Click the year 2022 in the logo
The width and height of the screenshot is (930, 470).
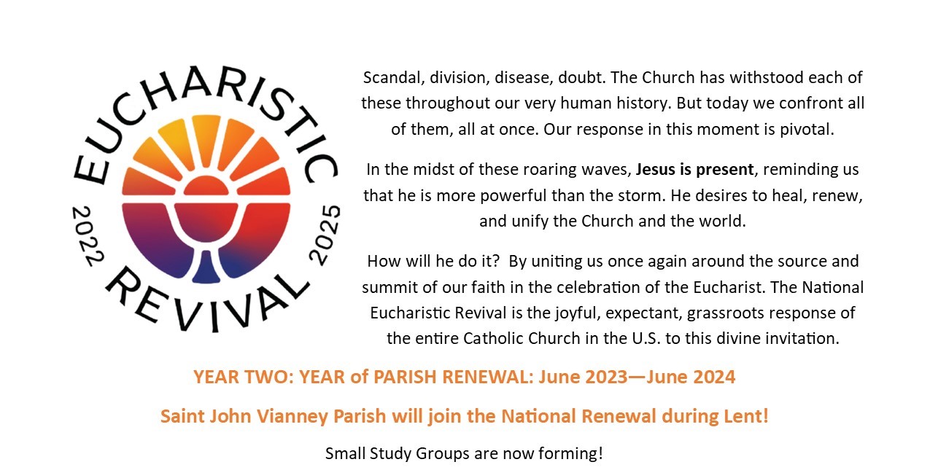click(88, 235)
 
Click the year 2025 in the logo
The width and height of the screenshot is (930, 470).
click(325, 235)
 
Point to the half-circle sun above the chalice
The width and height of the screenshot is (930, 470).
click(206, 185)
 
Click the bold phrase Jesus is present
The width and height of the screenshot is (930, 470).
click(694, 170)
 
